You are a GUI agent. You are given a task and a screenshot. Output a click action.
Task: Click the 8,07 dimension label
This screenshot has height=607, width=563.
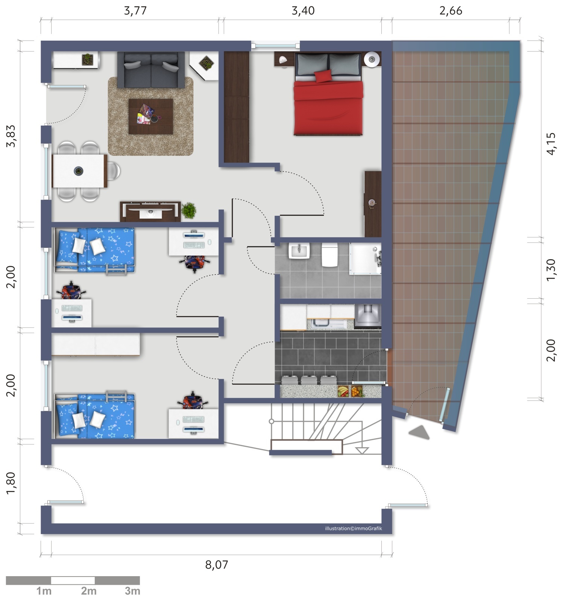tap(216, 565)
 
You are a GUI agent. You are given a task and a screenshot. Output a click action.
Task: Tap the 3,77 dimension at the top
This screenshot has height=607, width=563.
tap(135, 11)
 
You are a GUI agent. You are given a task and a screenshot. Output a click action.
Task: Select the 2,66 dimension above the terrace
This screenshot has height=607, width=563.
tap(451, 11)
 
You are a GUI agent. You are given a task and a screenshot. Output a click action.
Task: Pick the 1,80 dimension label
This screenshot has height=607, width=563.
tap(11, 483)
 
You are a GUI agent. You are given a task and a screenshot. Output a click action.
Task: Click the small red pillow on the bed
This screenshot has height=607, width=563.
tap(323, 76)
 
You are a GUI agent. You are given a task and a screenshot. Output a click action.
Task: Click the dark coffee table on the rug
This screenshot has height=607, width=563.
tap(150, 116)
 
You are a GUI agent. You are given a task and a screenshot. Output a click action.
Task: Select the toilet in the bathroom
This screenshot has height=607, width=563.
tap(330, 255)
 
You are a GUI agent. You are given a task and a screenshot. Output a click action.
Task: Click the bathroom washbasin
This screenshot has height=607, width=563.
tap(299, 251)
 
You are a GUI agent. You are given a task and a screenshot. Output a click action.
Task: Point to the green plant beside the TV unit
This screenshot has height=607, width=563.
tap(188, 211)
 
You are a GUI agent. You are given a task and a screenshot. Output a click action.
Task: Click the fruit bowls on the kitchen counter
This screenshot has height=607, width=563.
tap(351, 392)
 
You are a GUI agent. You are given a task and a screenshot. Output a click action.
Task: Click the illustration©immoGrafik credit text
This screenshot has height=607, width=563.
tap(353, 528)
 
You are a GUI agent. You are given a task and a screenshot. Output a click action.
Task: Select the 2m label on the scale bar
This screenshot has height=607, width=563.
tap(89, 591)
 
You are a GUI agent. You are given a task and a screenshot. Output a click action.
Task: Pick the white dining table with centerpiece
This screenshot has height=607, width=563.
tap(79, 171)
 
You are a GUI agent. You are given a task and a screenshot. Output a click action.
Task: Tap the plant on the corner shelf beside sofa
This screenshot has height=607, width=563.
tap(206, 63)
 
